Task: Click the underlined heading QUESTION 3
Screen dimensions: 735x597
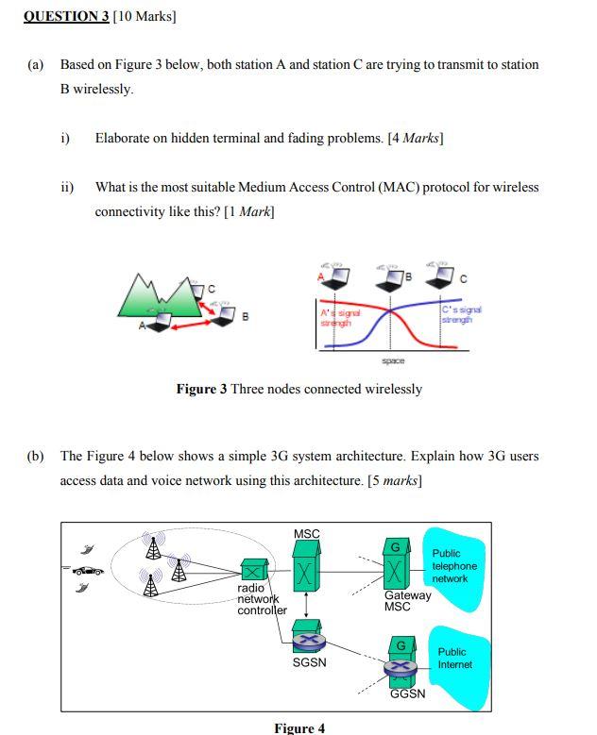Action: tap(66, 16)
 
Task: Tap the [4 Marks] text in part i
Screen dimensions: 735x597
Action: tap(416, 138)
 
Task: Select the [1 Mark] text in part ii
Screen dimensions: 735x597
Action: tap(249, 211)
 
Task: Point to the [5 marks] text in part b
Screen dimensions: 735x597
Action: tap(395, 480)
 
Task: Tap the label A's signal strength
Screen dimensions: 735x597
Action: tap(338, 316)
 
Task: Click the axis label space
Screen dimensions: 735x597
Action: tap(393, 360)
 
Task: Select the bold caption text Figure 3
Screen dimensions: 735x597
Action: tap(201, 389)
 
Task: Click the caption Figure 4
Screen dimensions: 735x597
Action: tap(299, 727)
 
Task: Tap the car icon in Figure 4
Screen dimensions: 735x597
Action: tap(88, 570)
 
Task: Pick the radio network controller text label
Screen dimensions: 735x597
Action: tap(261, 599)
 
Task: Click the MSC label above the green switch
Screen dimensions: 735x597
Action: tap(307, 534)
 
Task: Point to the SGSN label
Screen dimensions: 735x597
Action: tap(309, 662)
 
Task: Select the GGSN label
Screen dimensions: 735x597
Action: tap(407, 693)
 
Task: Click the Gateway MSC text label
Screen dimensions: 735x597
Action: tap(407, 601)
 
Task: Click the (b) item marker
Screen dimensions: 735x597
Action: tap(35, 456)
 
